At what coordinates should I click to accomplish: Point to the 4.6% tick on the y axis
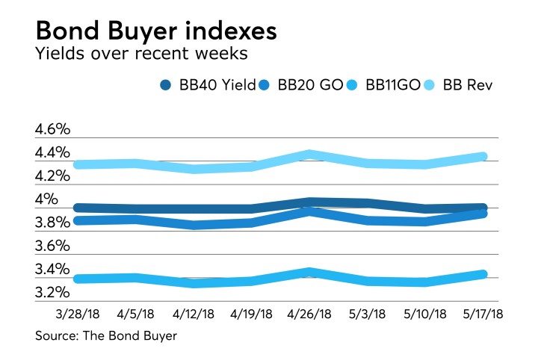[x=52, y=129]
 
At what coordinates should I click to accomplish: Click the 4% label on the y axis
[x=46, y=199]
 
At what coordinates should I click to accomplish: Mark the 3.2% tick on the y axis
[x=52, y=292]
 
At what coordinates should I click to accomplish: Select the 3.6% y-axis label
[x=52, y=246]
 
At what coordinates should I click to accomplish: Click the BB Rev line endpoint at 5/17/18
[x=483, y=157]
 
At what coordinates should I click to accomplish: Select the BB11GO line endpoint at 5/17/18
[x=483, y=275]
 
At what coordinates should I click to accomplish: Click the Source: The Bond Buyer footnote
[x=105, y=336]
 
